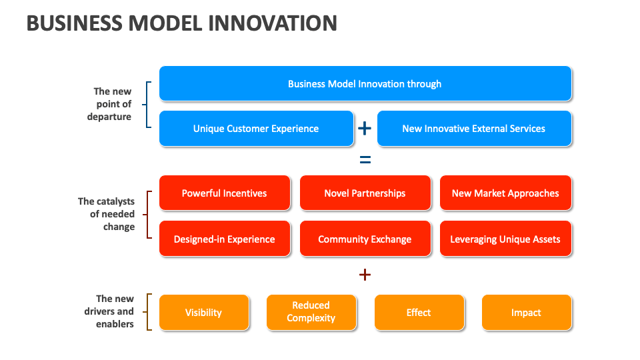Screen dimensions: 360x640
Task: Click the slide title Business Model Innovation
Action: coord(181,23)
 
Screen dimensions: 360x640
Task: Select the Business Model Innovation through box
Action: coord(365,84)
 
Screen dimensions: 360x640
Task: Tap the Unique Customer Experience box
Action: coord(256,129)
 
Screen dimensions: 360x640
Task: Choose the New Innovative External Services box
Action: coord(473,129)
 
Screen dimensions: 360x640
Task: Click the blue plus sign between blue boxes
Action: coord(365,129)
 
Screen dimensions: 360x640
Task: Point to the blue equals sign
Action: coord(365,160)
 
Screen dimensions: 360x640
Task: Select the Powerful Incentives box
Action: coord(224,193)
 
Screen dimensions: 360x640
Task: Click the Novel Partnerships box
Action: coord(365,193)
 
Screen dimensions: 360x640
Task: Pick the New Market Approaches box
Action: coord(505,193)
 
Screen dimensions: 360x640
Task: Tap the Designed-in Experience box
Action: coord(224,239)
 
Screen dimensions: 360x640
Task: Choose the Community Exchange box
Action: coord(365,239)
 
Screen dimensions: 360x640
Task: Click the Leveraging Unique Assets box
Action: coord(505,239)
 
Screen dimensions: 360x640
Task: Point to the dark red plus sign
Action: coord(365,275)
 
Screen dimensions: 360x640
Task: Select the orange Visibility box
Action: coord(203,313)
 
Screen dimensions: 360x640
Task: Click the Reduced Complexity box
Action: coord(311,312)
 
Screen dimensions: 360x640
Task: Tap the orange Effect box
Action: coord(419,313)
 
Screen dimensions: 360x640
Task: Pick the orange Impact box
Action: coord(526,313)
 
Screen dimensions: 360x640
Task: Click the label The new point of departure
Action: coord(111,104)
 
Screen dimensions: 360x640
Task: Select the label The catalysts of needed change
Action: coord(107,214)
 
